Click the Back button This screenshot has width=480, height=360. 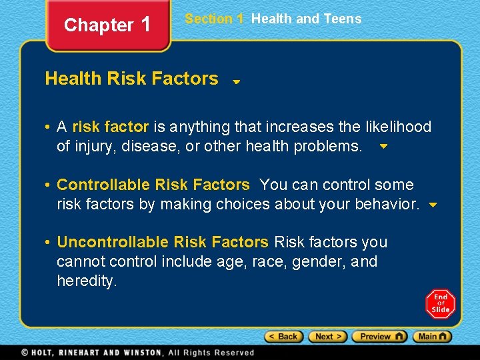click(x=283, y=337)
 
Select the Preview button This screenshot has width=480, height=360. click(x=379, y=337)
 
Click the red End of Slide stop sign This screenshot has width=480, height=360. click(x=440, y=304)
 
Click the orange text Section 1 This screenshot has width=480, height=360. click(x=214, y=19)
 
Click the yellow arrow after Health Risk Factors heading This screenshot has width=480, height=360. click(x=236, y=82)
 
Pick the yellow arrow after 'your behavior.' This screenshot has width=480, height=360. click(x=433, y=205)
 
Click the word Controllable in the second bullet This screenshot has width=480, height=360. click(x=103, y=185)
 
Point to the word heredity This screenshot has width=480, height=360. click(x=86, y=281)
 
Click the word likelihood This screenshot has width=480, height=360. click(x=399, y=127)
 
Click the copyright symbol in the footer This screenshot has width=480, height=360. click(x=24, y=353)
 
